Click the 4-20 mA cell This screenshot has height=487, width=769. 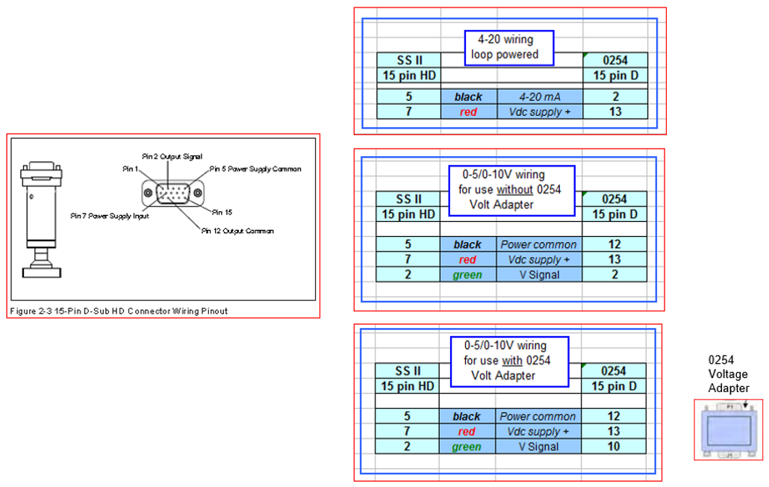(x=540, y=96)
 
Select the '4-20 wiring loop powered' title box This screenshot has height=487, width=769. (x=509, y=47)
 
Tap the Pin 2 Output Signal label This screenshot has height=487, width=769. (x=172, y=156)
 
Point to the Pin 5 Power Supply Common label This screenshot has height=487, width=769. (x=255, y=169)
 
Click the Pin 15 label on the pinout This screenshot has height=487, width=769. (x=222, y=212)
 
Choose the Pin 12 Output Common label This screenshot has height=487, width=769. (x=237, y=231)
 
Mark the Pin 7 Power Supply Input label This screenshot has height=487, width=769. (x=110, y=216)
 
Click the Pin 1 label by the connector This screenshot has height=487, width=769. (x=131, y=169)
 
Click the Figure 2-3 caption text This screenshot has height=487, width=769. (x=119, y=311)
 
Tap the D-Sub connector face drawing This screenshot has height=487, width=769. (x=172, y=193)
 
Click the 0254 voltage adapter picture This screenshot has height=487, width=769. (x=729, y=429)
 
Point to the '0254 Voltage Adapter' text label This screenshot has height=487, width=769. (x=729, y=373)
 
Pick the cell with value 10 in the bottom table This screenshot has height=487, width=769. (x=614, y=447)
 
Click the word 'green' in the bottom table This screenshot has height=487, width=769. (x=467, y=447)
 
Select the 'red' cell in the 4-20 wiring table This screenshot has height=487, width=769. (x=468, y=111)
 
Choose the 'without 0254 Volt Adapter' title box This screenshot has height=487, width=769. (x=511, y=190)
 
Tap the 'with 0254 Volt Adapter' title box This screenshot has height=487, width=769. (x=509, y=360)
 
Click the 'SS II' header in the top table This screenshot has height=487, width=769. (x=409, y=60)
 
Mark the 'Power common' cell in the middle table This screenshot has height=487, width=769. (x=538, y=244)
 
